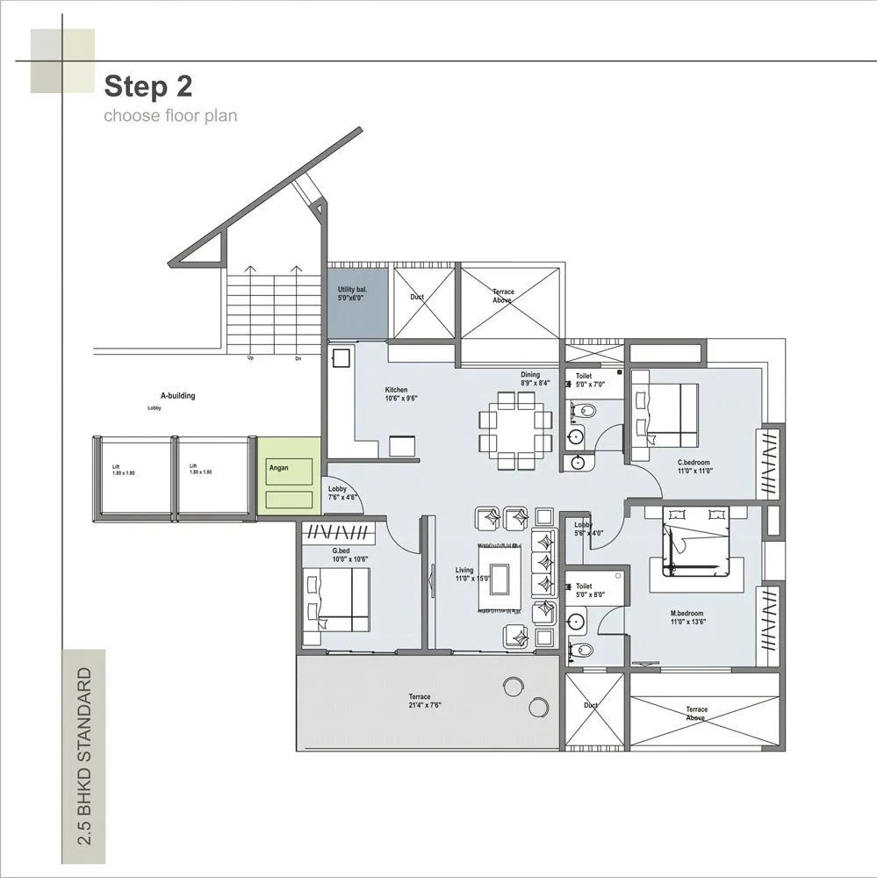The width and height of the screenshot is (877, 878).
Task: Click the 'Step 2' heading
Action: pos(148,86)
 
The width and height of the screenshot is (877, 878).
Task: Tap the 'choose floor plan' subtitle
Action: pos(170,115)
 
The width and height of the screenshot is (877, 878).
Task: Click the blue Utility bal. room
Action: pos(357,299)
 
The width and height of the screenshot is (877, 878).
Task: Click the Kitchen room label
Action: pos(396,394)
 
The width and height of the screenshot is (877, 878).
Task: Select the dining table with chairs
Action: pos(515,430)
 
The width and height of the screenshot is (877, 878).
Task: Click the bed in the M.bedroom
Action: pos(696,542)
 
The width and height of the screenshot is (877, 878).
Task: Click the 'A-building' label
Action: pos(177,396)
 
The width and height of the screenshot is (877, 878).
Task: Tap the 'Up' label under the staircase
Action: pos(250,358)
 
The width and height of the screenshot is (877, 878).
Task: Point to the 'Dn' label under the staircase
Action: pos(298,358)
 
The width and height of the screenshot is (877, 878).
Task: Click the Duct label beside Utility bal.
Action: pos(417,297)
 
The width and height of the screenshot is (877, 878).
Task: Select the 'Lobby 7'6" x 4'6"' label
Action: pos(341,493)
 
